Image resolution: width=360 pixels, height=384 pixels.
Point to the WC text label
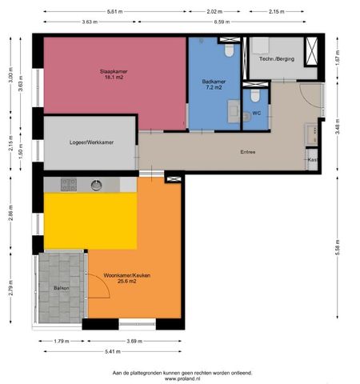256,114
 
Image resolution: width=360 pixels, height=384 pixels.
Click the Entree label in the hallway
249,151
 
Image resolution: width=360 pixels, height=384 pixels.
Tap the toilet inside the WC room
255,96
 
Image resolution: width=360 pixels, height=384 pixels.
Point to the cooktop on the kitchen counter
70,185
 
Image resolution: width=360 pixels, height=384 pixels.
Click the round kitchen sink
96,185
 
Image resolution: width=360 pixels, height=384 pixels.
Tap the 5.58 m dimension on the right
338,248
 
